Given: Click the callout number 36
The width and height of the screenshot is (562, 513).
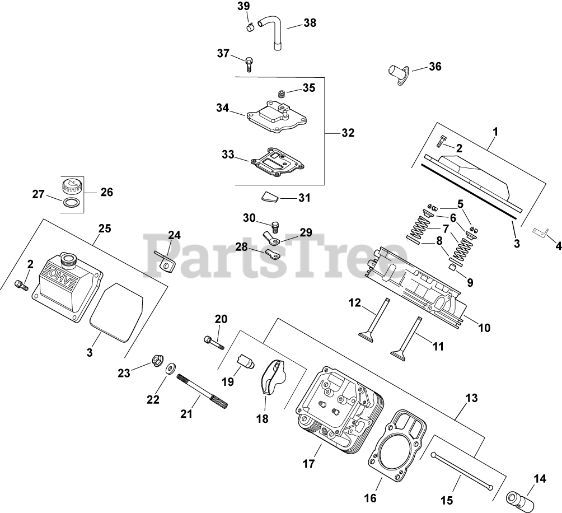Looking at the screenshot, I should tap(435, 67).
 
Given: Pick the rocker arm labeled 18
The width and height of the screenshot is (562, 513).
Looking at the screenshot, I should tap(273, 380).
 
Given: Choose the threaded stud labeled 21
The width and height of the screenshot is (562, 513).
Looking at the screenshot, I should tap(202, 392).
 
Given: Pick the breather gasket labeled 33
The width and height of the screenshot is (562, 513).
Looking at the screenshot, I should tap(277, 161).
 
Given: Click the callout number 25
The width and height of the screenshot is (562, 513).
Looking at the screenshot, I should tap(105, 228).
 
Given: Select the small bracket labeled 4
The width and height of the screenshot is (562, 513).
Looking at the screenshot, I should tap(539, 231).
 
